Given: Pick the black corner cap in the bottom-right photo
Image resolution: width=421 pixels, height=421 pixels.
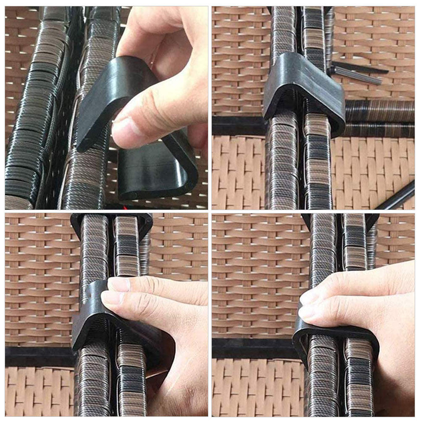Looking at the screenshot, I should click(x=372, y=221).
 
